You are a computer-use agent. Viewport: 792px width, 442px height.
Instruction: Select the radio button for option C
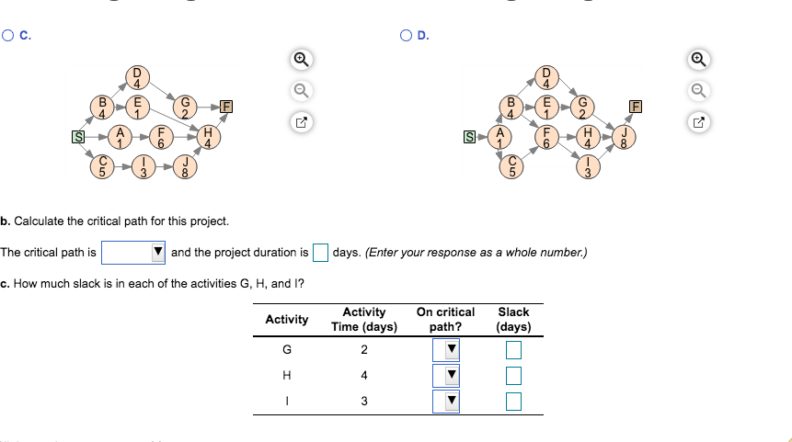[8, 37]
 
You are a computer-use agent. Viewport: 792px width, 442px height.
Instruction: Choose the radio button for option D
[406, 37]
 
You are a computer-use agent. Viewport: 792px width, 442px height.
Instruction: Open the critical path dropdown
[133, 252]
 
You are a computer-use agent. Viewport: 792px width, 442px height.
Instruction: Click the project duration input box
[320, 252]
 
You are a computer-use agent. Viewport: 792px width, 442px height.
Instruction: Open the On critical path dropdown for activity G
[445, 349]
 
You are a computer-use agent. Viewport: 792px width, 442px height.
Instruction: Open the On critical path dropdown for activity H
[445, 375]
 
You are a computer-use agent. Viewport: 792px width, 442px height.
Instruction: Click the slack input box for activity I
[513, 401]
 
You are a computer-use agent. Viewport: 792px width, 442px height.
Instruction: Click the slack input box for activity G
[513, 349]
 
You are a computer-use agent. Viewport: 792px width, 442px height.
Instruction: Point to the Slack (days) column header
[513, 319]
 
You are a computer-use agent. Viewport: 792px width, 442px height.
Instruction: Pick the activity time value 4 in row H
[364, 375]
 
